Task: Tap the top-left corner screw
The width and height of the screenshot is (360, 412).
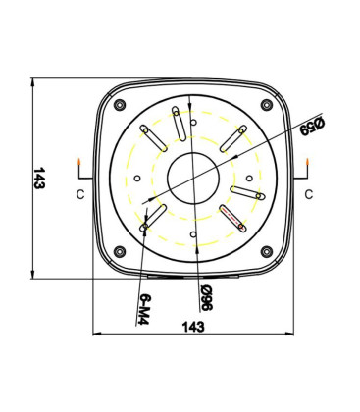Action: [120, 105]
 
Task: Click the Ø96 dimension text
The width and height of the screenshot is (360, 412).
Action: [204, 296]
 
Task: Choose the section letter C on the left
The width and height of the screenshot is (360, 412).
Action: [78, 194]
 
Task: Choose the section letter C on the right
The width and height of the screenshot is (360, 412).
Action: [308, 194]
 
